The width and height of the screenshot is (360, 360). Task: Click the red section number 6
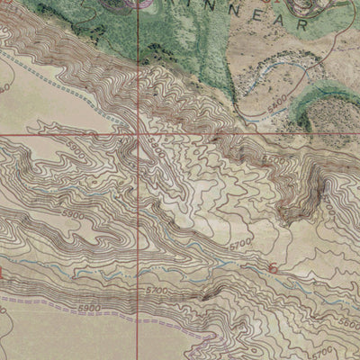(274, 268)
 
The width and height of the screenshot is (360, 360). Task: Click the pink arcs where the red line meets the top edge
(135, 4)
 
